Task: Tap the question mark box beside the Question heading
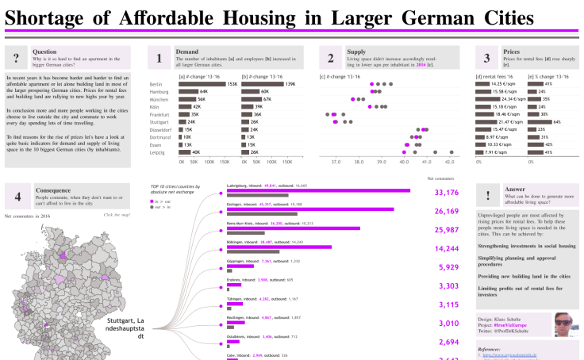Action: click(x=17, y=57)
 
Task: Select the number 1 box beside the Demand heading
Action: click(x=159, y=57)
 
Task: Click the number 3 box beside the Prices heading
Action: click(x=486, y=57)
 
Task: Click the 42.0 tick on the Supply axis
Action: click(x=449, y=160)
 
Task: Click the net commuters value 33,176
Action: click(x=447, y=192)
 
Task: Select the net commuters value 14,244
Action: click(x=447, y=248)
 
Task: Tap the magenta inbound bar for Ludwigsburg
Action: click(x=318, y=190)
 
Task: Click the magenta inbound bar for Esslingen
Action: click(x=310, y=209)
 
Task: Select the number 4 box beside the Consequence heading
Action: click(x=17, y=194)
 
